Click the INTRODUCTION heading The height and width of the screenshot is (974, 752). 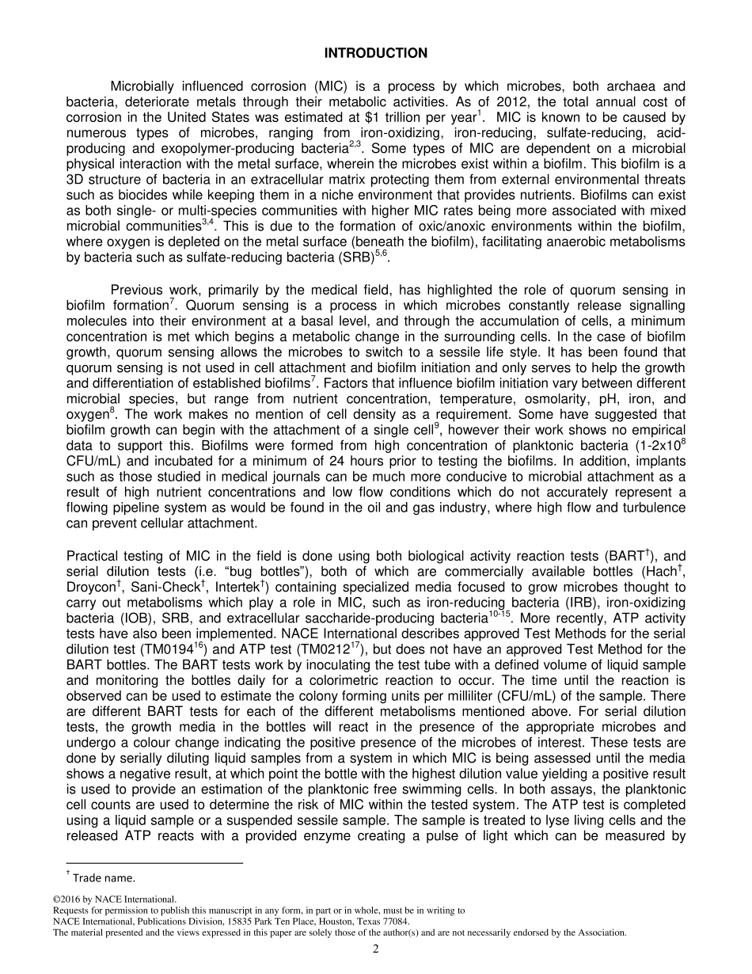pos(376,53)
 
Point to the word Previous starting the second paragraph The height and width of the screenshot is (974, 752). pos(138,290)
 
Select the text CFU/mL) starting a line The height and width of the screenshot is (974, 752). pos(91,461)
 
